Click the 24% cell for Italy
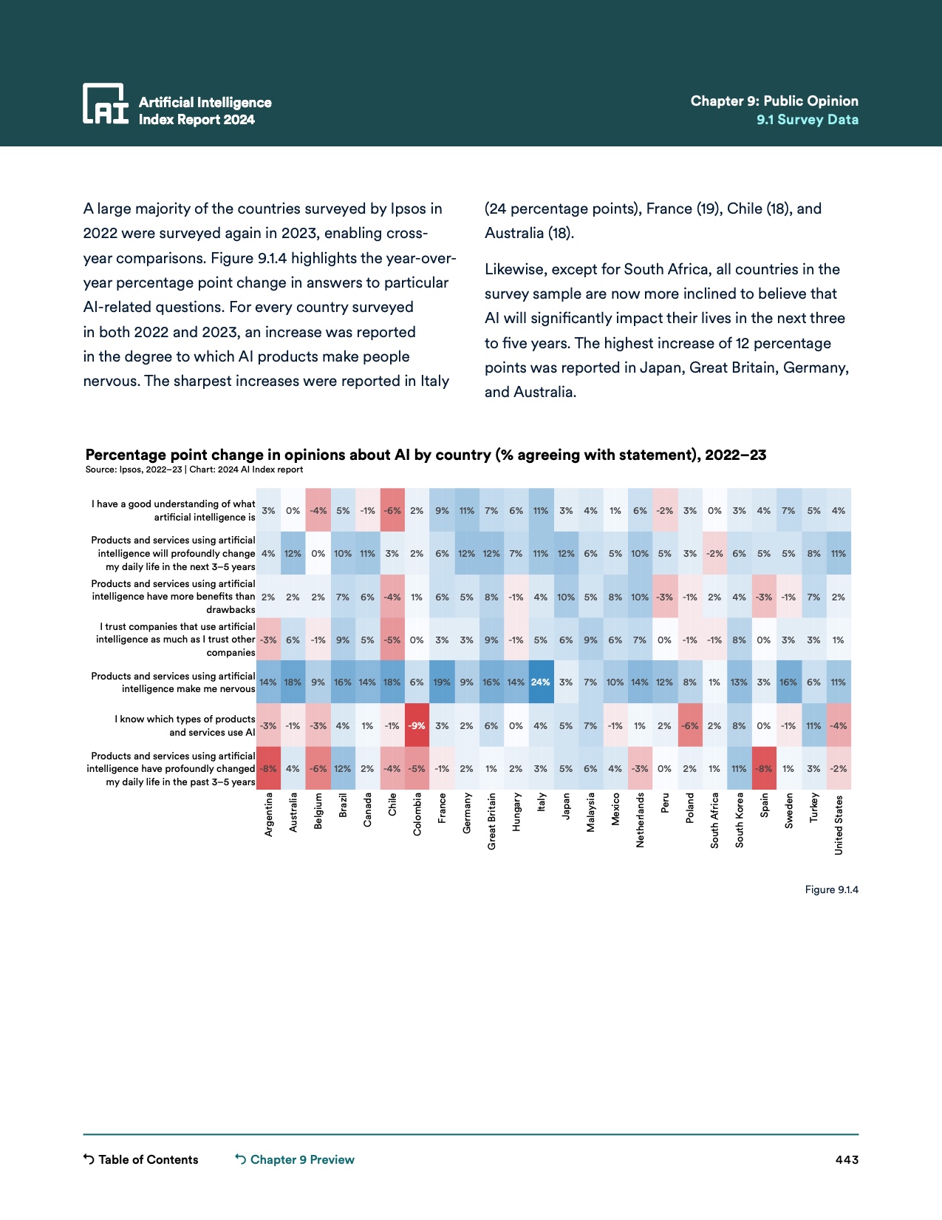[541, 682]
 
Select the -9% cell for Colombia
[417, 726]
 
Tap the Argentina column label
[269, 815]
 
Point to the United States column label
[839, 825]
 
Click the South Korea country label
[740, 820]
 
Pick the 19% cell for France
[442, 682]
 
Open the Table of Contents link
[141, 1159]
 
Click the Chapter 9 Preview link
[295, 1159]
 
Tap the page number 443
[847, 1159]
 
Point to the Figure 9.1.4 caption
[831, 889]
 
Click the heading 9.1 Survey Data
[807, 120]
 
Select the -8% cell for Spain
[764, 769]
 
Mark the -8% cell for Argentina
[268, 769]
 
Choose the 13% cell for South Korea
[739, 682]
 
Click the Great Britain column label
[492, 821]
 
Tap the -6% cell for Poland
[689, 726]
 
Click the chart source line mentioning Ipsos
[194, 470]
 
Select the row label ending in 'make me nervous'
[174, 682]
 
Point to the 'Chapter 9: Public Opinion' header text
[774, 101]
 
